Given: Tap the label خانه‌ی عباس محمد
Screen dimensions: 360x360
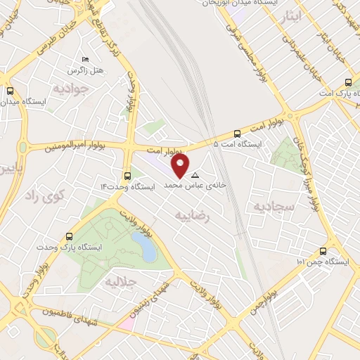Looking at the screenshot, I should coord(186,186).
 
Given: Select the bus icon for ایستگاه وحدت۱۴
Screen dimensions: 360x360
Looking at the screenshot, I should coord(127,176).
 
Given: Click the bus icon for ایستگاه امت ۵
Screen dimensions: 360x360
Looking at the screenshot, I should coord(237,134).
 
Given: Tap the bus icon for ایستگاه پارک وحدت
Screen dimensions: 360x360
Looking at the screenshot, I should coord(69,236).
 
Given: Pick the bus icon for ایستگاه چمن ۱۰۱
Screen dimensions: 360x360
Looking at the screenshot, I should coord(323,251).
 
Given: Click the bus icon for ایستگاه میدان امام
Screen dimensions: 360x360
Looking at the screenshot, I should coord(11,91).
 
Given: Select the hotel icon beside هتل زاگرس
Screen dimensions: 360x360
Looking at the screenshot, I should coord(86,59).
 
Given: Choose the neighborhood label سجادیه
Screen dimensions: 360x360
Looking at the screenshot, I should coord(265,205).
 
